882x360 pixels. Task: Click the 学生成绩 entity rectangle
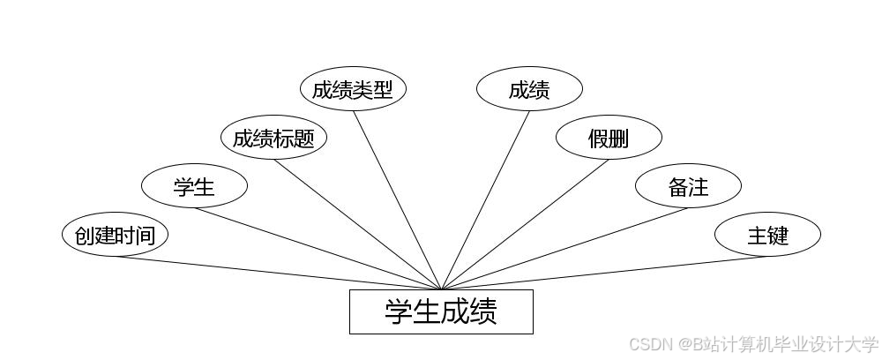pos(441,311)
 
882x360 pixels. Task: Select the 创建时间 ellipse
pos(115,236)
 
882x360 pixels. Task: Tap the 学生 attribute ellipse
pos(194,187)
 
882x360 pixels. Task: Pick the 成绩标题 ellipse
pos(273,139)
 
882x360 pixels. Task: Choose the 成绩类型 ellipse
pos(353,89)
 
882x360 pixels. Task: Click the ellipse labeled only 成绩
pos(529,89)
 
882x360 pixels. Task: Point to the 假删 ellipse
pos(609,139)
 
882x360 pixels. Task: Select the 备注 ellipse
pos(688,187)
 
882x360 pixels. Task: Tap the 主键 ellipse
pos(767,236)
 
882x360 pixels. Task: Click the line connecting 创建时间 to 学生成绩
pos(278,273)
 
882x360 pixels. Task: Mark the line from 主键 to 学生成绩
pos(604,273)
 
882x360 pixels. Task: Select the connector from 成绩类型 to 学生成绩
pos(397,199)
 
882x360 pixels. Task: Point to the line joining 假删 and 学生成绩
pos(525,224)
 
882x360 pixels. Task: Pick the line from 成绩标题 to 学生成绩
pos(357,224)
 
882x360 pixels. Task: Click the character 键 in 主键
pos(778,236)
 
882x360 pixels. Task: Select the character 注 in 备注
pos(699,187)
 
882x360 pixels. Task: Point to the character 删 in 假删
pos(619,139)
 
